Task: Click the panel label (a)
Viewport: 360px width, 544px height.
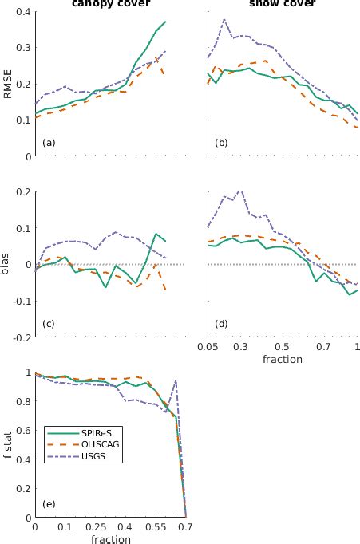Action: (49, 143)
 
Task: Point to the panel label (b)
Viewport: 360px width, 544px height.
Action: (222, 143)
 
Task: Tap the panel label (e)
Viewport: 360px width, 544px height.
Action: (49, 503)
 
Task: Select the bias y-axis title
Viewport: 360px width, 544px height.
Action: (7, 264)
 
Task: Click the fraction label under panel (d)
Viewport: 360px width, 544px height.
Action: (282, 360)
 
